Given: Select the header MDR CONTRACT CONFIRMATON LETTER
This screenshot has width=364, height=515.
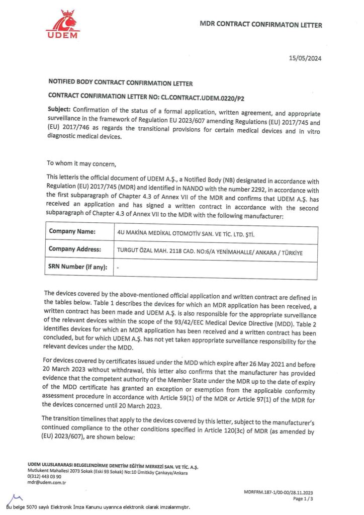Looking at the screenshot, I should pos(261,24).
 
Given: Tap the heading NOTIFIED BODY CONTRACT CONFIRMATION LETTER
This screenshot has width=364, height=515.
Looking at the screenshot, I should pos(120,83).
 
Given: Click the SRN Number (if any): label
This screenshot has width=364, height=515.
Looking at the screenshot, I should pos(78,267).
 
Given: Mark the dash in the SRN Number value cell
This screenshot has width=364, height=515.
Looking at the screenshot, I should pos(118,268).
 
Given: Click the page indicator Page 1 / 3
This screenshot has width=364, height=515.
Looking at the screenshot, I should pos(301,499).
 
